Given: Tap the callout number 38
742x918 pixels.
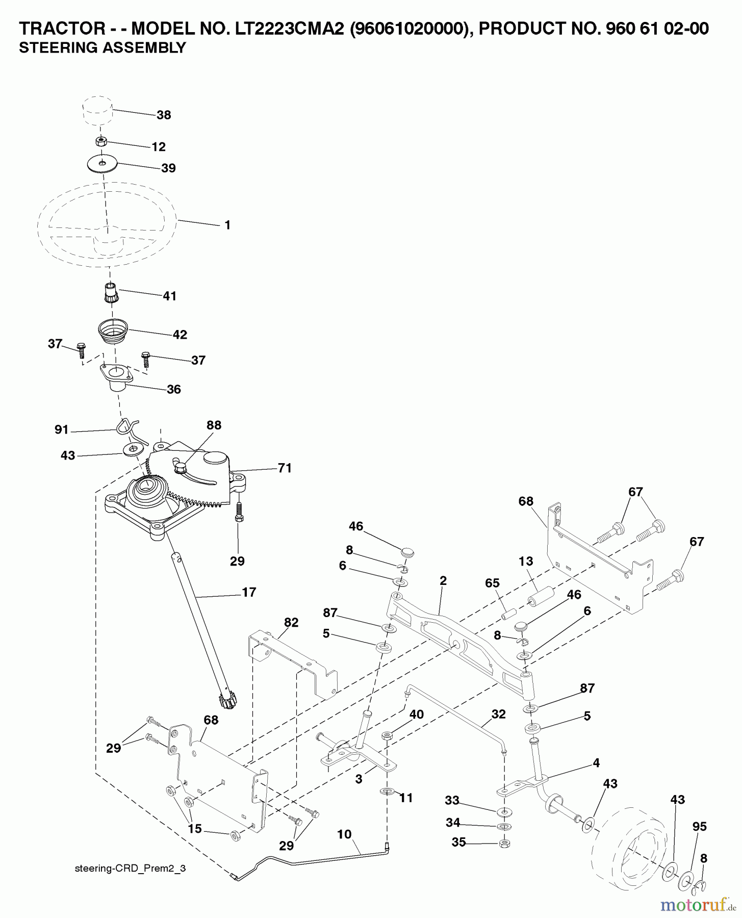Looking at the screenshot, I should [x=164, y=115].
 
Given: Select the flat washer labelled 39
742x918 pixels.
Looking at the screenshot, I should [x=102, y=163].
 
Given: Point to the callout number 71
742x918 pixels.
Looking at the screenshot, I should [x=285, y=468].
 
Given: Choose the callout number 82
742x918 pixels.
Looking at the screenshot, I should [x=291, y=623].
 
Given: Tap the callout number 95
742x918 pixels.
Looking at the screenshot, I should [x=700, y=827].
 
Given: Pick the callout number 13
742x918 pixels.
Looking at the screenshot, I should [x=526, y=562].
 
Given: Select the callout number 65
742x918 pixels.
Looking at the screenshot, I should [x=493, y=583].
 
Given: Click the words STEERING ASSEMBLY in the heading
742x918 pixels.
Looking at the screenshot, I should [x=102, y=48].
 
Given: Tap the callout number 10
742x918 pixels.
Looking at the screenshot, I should [x=344, y=834].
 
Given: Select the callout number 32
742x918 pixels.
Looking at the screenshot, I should [x=498, y=715].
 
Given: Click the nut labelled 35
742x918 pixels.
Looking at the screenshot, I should [x=504, y=843].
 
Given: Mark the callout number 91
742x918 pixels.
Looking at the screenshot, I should [x=61, y=430].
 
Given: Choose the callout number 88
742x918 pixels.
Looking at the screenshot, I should [x=214, y=425].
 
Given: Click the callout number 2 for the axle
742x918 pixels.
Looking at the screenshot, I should [x=443, y=580].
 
